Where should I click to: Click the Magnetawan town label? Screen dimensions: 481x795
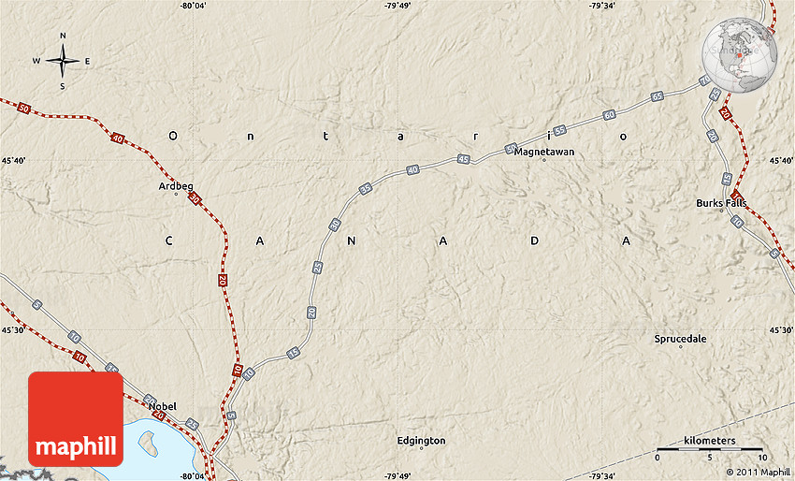(543, 151)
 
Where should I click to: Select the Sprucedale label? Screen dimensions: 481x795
(680, 339)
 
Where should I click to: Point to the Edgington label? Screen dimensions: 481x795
(421, 440)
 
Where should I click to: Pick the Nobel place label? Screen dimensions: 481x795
(162, 406)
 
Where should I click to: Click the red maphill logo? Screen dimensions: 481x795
(76, 418)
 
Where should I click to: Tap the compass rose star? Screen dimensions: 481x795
(63, 62)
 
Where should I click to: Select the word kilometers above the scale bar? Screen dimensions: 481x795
(709, 440)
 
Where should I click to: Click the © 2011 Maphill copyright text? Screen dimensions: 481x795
(757, 473)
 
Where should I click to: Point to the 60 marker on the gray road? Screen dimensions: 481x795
(609, 114)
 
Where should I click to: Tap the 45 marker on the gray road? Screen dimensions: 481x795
(464, 160)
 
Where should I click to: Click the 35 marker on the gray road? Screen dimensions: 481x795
(366, 188)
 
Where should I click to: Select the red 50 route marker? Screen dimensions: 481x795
(24, 109)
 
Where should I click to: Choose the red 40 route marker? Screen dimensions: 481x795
(117, 138)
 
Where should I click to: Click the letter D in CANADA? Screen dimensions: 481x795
(535, 240)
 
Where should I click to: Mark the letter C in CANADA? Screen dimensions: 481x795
(170, 240)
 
